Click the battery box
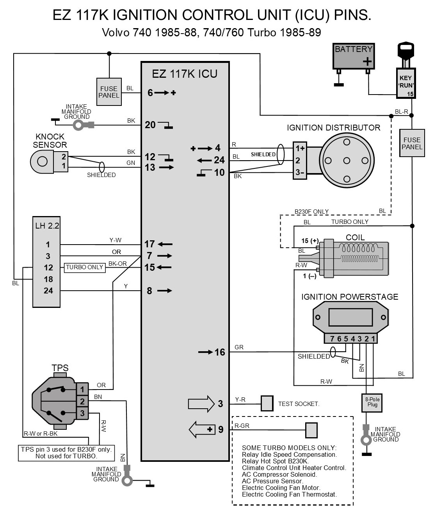click(354, 56)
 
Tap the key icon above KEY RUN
click(406, 55)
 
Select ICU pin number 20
click(150, 125)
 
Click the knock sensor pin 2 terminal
click(64, 156)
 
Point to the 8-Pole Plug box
click(372, 403)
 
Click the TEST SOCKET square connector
click(267, 403)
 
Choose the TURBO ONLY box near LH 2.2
click(85, 267)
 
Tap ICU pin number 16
click(220, 352)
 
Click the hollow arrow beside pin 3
click(201, 403)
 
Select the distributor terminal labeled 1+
click(300, 148)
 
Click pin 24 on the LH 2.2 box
click(48, 291)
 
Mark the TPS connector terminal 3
click(82, 413)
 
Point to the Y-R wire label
click(240, 399)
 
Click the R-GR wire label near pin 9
click(242, 425)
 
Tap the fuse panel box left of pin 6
click(109, 92)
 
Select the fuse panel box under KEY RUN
click(412, 143)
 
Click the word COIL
click(355, 238)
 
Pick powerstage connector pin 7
click(332, 339)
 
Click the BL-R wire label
click(401, 112)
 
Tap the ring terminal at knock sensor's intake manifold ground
click(78, 125)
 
